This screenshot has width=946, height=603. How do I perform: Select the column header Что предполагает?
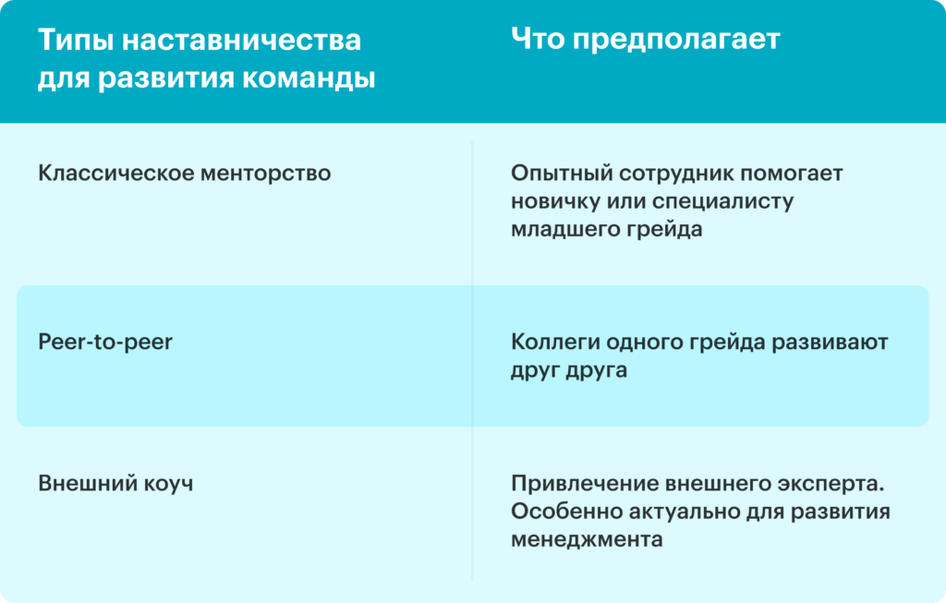point(646,40)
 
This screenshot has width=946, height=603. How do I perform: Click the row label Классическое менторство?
point(185,173)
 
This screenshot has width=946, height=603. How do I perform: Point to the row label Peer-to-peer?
point(105,342)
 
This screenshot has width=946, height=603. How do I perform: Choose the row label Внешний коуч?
point(115,484)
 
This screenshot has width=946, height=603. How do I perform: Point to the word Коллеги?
point(555,342)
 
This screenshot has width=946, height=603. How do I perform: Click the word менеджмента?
point(587,539)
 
